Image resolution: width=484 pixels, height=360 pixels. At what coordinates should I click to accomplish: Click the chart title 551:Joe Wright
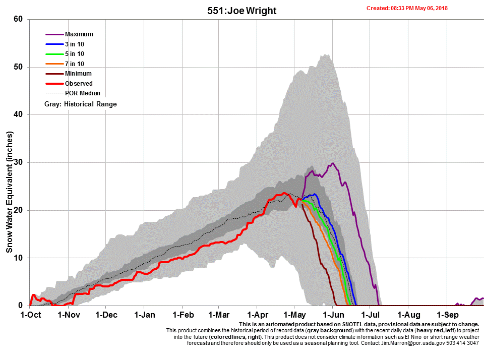242,11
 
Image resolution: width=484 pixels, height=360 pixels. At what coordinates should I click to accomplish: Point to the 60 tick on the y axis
19,19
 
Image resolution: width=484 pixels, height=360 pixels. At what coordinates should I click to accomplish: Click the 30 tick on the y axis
19,162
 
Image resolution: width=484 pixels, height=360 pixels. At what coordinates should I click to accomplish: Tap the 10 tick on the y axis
19,258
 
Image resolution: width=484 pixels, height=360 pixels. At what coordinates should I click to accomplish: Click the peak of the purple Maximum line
333,163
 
